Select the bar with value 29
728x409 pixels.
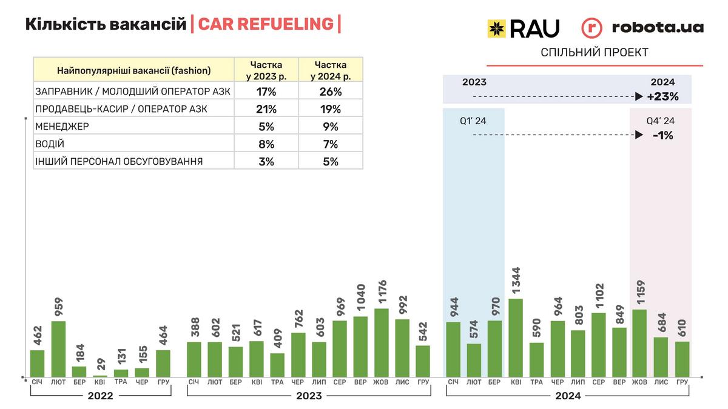click(x=99, y=376)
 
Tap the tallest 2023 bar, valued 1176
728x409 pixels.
click(x=382, y=342)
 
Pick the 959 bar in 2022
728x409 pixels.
click(x=58, y=348)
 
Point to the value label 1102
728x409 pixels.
click(x=599, y=294)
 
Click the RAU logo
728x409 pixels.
click(x=523, y=28)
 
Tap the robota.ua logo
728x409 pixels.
click(x=642, y=27)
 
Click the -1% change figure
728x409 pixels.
click(x=662, y=135)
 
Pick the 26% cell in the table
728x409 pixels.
click(x=331, y=91)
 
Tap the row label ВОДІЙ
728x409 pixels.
click(x=50, y=144)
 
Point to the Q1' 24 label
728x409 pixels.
click(x=473, y=121)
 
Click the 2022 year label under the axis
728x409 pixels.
click(x=100, y=396)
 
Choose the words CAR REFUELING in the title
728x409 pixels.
click(x=265, y=24)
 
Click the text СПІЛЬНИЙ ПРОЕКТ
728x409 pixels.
click(x=594, y=53)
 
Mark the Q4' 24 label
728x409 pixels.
click(x=661, y=121)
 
